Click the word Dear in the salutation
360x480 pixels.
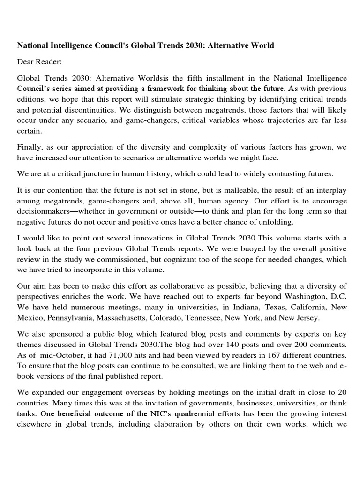point(26,61)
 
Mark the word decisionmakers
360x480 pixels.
point(45,212)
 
